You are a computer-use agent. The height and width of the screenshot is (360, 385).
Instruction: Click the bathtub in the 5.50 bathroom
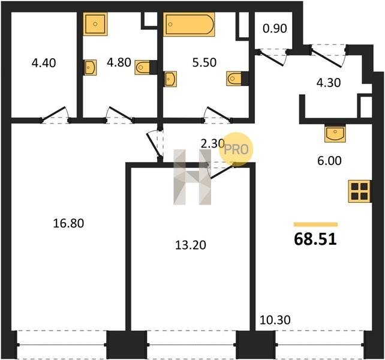(189, 25)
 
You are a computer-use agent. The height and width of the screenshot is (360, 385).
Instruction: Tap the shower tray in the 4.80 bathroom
(95, 24)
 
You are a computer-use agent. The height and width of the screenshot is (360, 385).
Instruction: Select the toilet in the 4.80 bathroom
(142, 67)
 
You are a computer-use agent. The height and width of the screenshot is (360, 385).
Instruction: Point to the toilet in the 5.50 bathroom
(234, 79)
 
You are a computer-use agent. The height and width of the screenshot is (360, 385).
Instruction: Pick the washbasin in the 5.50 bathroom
(170, 79)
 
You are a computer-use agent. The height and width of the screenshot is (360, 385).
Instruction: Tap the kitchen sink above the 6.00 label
(335, 134)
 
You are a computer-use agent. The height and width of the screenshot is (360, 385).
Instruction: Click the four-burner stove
(359, 191)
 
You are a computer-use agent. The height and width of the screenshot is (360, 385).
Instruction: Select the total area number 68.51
(315, 239)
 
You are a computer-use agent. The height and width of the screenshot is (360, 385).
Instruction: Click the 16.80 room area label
(68, 223)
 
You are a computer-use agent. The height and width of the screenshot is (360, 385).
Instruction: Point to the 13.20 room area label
(191, 245)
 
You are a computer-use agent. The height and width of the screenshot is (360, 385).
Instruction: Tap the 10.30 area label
(275, 320)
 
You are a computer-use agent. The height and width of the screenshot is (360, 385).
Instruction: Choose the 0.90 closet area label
(275, 29)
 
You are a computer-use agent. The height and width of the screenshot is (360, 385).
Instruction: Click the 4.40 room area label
(44, 63)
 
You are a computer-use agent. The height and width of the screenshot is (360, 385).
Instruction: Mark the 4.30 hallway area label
(329, 83)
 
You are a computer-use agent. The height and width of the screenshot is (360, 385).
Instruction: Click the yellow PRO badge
(236, 149)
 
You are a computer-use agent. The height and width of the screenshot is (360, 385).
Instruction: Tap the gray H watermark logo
(192, 177)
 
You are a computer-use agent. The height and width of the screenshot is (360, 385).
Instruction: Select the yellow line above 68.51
(316, 224)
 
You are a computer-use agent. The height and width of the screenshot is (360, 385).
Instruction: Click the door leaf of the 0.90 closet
(271, 59)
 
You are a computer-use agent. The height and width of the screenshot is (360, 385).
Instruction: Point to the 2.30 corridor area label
(212, 143)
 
